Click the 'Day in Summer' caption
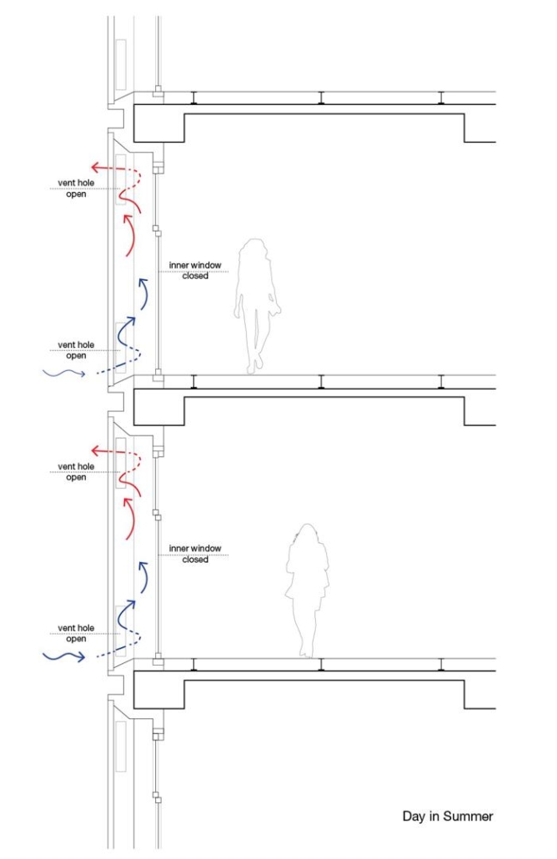click(x=447, y=816)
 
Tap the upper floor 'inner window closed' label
click(x=195, y=270)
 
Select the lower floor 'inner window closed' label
click(x=195, y=554)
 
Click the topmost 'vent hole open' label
click(x=77, y=188)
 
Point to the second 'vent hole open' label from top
click(x=77, y=350)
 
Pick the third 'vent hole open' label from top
click(x=77, y=472)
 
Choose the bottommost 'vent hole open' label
click(x=77, y=633)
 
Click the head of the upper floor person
click(x=253, y=252)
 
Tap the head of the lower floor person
click(x=308, y=535)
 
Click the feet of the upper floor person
click(x=254, y=365)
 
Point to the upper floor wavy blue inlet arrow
click(x=65, y=374)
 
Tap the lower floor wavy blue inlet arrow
click(x=65, y=656)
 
